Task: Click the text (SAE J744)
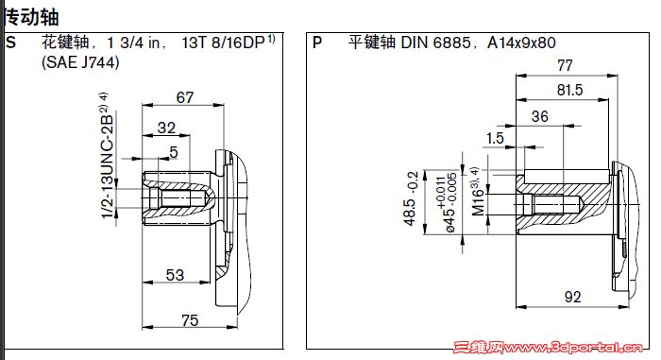coord(80,63)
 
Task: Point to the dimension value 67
coord(184,98)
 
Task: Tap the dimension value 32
coord(166,128)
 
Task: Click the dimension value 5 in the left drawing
coord(174,151)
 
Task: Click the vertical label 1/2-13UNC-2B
coord(108,157)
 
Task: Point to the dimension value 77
coord(565,65)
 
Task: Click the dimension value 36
coord(541,116)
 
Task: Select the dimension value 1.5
coord(495,139)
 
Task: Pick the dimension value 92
coord(572,297)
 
